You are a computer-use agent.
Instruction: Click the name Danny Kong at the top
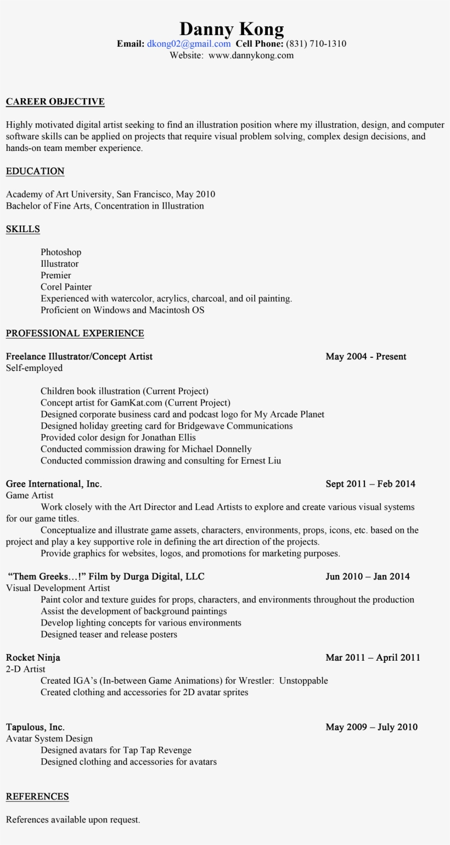pyautogui.click(x=231, y=29)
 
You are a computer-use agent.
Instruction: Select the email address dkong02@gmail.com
pyautogui.click(x=188, y=44)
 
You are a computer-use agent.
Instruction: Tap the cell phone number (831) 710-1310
pyautogui.click(x=316, y=44)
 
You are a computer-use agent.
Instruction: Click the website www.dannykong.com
pyautogui.click(x=251, y=55)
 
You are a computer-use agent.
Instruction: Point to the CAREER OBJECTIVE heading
pyautogui.click(x=55, y=102)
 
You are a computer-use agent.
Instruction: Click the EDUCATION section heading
pyautogui.click(x=35, y=171)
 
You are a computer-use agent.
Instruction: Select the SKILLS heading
pyautogui.click(x=23, y=229)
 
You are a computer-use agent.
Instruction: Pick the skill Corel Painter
pyautogui.click(x=66, y=287)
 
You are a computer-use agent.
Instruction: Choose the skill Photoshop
pyautogui.click(x=61, y=252)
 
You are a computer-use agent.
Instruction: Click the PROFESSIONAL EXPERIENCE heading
pyautogui.click(x=75, y=334)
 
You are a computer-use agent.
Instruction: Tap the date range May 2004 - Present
pyautogui.click(x=365, y=357)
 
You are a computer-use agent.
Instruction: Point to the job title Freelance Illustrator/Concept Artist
pyautogui.click(x=79, y=357)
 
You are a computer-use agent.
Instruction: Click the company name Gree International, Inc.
pyautogui.click(x=54, y=484)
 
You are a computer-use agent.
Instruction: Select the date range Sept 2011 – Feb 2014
pyautogui.click(x=370, y=484)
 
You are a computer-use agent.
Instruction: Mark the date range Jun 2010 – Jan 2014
pyautogui.click(x=368, y=577)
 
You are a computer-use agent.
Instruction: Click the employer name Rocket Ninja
pyautogui.click(x=33, y=658)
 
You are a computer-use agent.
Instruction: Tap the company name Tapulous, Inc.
pyautogui.click(x=35, y=728)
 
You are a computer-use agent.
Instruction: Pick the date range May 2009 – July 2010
pyautogui.click(x=372, y=728)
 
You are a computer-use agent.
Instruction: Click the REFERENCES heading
pyautogui.click(x=37, y=797)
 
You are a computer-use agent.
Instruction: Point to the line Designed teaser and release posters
pyautogui.click(x=109, y=635)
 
